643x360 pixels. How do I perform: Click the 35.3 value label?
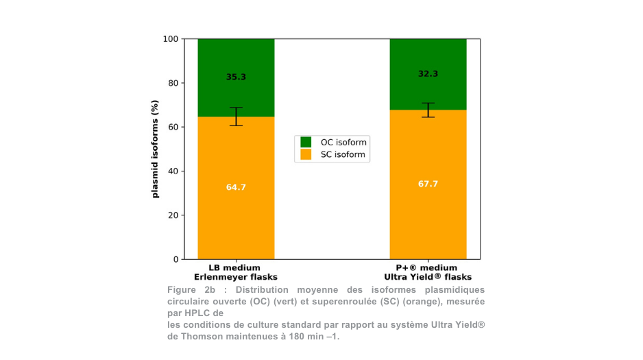point(236,77)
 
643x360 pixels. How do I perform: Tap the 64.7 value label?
point(236,187)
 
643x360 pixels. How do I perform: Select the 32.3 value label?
point(428,74)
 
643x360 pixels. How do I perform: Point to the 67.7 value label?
point(428,184)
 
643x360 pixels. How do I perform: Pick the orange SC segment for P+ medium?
point(428,219)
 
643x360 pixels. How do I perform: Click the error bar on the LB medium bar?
point(236,117)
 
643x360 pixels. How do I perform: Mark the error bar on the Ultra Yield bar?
point(428,110)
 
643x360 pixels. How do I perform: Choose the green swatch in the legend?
point(306,142)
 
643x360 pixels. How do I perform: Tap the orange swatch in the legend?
point(306,155)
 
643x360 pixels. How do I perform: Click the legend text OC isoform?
point(343,143)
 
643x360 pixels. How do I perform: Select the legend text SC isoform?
point(343,156)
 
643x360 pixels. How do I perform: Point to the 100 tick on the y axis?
point(170,39)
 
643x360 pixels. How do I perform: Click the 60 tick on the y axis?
point(173,128)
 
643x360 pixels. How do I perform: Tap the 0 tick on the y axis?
point(175,260)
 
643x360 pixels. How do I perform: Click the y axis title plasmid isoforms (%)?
point(155,149)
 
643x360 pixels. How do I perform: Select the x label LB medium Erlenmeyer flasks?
point(235,272)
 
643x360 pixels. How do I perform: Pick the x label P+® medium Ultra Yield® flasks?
point(428,272)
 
